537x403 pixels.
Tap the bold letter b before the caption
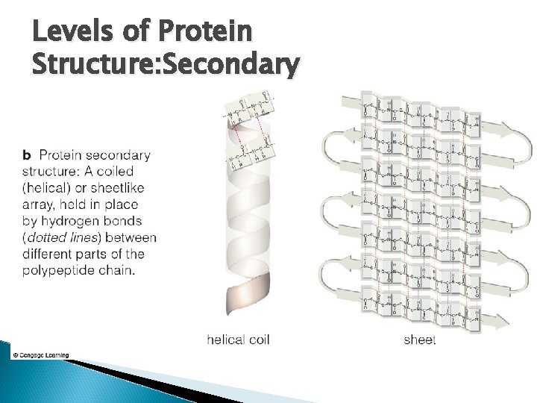click(27, 156)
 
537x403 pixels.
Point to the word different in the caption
click(48, 254)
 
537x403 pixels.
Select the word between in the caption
click(131, 238)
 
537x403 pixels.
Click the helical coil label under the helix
click(238, 340)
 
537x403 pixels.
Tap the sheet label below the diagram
click(419, 340)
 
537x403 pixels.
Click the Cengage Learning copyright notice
click(40, 354)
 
